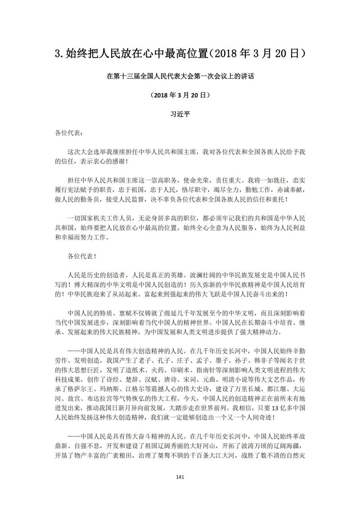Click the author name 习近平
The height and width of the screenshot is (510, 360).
pos(180,115)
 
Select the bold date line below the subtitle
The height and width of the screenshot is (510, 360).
pos(180,95)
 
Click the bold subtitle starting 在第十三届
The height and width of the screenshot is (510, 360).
pos(180,77)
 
